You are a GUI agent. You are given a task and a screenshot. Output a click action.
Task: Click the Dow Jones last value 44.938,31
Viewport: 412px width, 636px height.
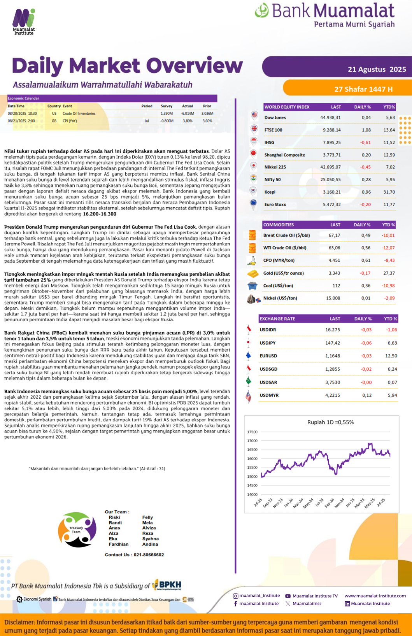click(330, 117)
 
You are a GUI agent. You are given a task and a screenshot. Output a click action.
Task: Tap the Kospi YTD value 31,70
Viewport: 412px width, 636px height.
click(389, 192)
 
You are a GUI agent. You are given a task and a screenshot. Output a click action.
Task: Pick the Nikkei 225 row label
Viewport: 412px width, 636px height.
click(275, 167)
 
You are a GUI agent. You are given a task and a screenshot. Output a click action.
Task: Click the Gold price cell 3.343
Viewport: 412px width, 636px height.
click(334, 273)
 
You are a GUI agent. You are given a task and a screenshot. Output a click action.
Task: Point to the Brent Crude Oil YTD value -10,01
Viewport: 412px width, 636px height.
click(388, 235)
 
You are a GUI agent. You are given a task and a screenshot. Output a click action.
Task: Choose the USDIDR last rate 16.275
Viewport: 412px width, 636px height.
click(333, 329)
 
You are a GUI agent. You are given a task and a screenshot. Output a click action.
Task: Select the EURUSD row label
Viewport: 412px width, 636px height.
click(268, 356)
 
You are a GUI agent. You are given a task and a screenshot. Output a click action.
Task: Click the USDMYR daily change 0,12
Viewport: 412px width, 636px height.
click(366, 395)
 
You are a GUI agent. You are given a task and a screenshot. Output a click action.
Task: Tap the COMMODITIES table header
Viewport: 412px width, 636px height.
click(279, 225)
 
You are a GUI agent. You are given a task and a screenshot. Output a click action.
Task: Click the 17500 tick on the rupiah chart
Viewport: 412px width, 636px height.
click(252, 432)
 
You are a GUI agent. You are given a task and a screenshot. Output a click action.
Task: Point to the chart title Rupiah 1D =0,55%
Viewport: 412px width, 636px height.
click(330, 422)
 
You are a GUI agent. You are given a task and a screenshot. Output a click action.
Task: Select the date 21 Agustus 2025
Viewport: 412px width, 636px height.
click(377, 69)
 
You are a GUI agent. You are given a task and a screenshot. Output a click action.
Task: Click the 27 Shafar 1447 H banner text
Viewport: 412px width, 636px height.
click(363, 89)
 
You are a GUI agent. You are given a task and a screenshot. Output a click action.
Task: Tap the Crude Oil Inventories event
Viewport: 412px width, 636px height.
click(79, 114)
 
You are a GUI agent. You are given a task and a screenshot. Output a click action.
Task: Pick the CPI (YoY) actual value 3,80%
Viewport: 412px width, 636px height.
click(187, 121)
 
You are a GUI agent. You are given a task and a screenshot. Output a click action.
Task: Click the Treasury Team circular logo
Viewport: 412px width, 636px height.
click(77, 530)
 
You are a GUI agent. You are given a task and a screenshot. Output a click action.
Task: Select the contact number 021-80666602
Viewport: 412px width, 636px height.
click(149, 555)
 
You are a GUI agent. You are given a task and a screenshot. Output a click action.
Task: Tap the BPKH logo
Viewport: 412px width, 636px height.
click(167, 585)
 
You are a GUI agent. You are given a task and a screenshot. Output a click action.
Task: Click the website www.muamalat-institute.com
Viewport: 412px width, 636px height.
click(375, 596)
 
